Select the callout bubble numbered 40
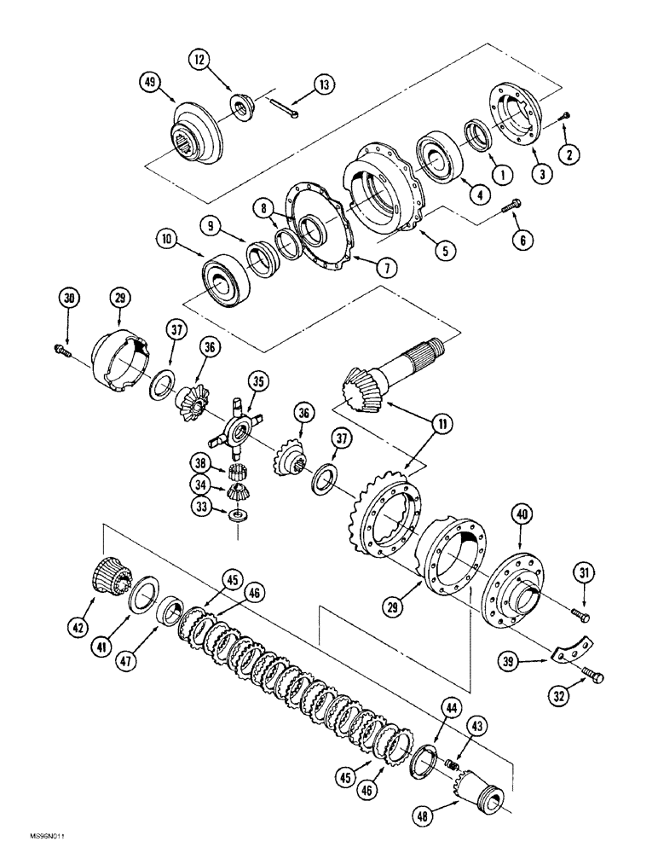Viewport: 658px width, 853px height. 522,514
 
